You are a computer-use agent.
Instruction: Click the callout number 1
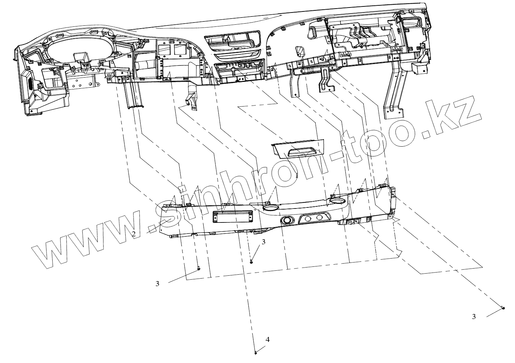(297, 175)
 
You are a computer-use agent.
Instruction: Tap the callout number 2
(133, 234)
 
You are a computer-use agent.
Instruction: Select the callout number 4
(267, 339)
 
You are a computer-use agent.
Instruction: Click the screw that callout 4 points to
(256, 353)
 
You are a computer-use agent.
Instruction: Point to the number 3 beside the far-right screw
(474, 317)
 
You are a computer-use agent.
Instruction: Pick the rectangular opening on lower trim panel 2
(233, 217)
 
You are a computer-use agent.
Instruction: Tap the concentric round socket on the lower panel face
(286, 221)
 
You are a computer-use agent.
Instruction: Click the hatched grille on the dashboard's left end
(31, 85)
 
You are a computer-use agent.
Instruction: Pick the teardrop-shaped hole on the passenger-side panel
(298, 50)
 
